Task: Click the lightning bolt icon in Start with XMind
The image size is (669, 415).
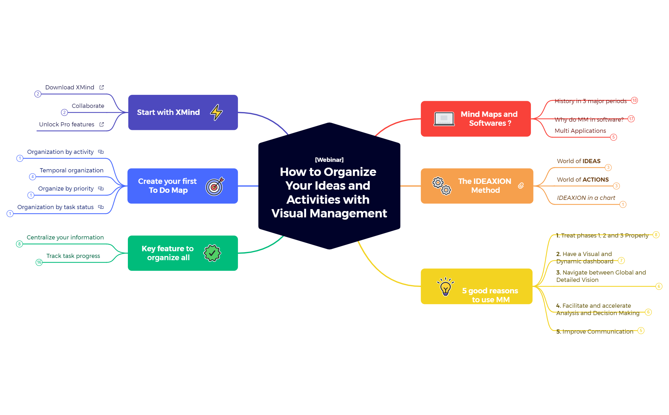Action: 216,112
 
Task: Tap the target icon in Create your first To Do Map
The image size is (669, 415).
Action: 215,186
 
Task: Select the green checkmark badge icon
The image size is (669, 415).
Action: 212,253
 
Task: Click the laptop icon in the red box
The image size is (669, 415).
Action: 444,119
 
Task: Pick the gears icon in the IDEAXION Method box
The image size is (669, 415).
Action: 442,186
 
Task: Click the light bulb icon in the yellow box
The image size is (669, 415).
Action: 445,287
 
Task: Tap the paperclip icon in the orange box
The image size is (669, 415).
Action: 521,186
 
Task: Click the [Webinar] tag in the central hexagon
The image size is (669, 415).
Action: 329,160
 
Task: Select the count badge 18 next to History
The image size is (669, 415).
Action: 635,101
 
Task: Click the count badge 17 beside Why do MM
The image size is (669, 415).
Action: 631,119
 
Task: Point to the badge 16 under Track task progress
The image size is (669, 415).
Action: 39,262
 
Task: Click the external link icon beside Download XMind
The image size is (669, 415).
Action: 102,87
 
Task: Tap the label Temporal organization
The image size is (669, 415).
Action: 71,170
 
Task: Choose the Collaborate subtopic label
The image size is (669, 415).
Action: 88,106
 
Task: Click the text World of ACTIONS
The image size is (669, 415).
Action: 583,180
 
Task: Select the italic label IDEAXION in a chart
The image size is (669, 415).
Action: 586,198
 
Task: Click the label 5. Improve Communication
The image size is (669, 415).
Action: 594,332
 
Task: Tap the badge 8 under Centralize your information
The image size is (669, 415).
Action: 19,244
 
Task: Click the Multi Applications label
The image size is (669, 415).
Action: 580,131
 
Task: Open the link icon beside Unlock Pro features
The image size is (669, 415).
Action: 102,124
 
